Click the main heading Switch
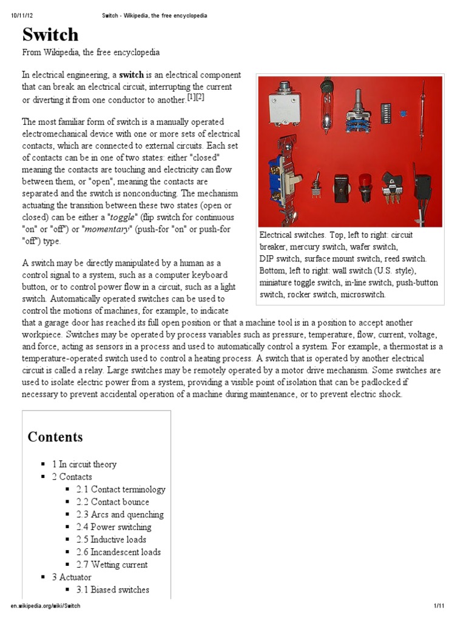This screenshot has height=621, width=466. [x=51, y=34]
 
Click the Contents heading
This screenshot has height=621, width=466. [x=55, y=437]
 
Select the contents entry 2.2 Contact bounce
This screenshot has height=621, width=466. [x=113, y=502]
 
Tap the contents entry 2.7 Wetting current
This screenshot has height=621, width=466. [x=112, y=565]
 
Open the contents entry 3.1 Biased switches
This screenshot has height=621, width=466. [x=113, y=589]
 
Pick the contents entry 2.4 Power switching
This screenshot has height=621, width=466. [x=114, y=527]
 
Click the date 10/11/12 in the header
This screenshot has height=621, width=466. [x=22, y=15]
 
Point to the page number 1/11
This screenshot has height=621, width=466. [x=440, y=606]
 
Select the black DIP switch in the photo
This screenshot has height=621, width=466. [x=385, y=110]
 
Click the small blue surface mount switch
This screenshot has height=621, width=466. [x=402, y=113]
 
